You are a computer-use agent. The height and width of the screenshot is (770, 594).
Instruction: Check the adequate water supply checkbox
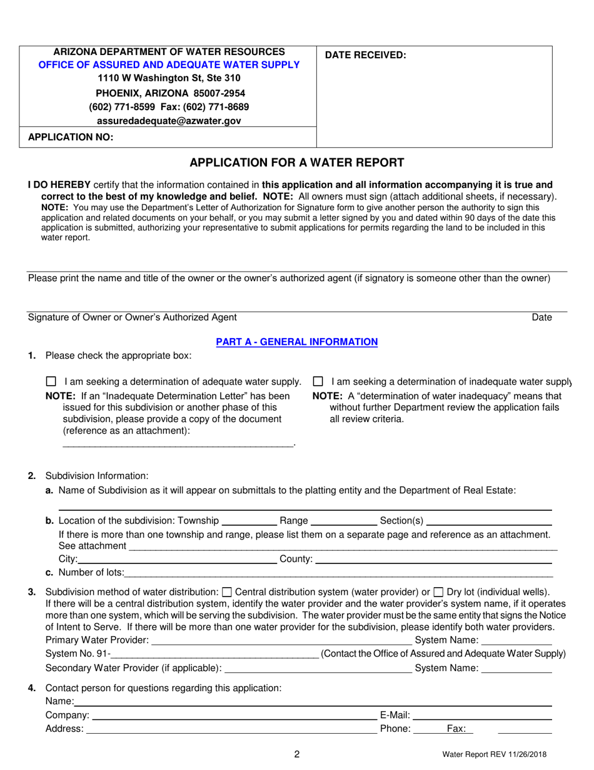pyautogui.click(x=52, y=381)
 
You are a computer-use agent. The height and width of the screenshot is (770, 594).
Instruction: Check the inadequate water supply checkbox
pyautogui.click(x=318, y=381)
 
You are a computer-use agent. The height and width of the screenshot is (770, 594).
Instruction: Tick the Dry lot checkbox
pyautogui.click(x=438, y=591)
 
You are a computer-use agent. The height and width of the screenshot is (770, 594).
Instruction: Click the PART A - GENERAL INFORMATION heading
pyautogui.click(x=296, y=342)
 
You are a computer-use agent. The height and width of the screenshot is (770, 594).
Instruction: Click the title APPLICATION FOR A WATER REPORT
pyautogui.click(x=296, y=163)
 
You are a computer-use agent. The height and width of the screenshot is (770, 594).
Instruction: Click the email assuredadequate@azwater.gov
pyautogui.click(x=168, y=121)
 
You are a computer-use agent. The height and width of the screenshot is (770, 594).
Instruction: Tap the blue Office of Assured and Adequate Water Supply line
pyautogui.click(x=168, y=64)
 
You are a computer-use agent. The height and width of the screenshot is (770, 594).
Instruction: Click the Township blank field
pyautogui.click(x=249, y=521)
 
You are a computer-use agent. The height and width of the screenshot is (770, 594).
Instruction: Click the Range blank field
pyautogui.click(x=344, y=521)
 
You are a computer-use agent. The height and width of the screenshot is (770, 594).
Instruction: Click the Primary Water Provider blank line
pyautogui.click(x=281, y=640)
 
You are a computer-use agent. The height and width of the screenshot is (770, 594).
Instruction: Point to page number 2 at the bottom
pyautogui.click(x=296, y=754)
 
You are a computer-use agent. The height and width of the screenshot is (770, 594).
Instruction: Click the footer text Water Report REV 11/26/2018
pyautogui.click(x=494, y=755)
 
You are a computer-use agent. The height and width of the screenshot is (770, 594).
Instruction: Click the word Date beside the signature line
pyautogui.click(x=541, y=318)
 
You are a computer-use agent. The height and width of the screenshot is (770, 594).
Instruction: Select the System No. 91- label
pyautogui.click(x=78, y=654)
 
